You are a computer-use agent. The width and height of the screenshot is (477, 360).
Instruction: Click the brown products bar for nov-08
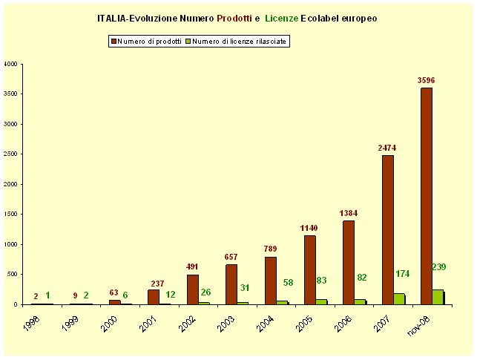pos(426,196)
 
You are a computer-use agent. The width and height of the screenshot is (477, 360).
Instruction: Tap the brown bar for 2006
pos(348,262)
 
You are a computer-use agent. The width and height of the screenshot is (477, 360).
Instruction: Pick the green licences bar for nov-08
pos(438,297)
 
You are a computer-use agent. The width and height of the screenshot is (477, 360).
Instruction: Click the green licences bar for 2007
pos(398,298)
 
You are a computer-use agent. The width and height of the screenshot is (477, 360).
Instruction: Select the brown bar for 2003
pos(231,284)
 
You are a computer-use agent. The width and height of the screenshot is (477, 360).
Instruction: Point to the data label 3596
pos(426,80)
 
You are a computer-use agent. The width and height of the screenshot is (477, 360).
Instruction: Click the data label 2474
pos(386,148)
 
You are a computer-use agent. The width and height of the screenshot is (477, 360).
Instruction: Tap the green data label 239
pos(438,266)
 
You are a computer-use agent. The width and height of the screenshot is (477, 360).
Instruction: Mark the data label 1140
pos(309,228)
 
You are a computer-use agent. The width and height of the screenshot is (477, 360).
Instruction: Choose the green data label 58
pos(289,283)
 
